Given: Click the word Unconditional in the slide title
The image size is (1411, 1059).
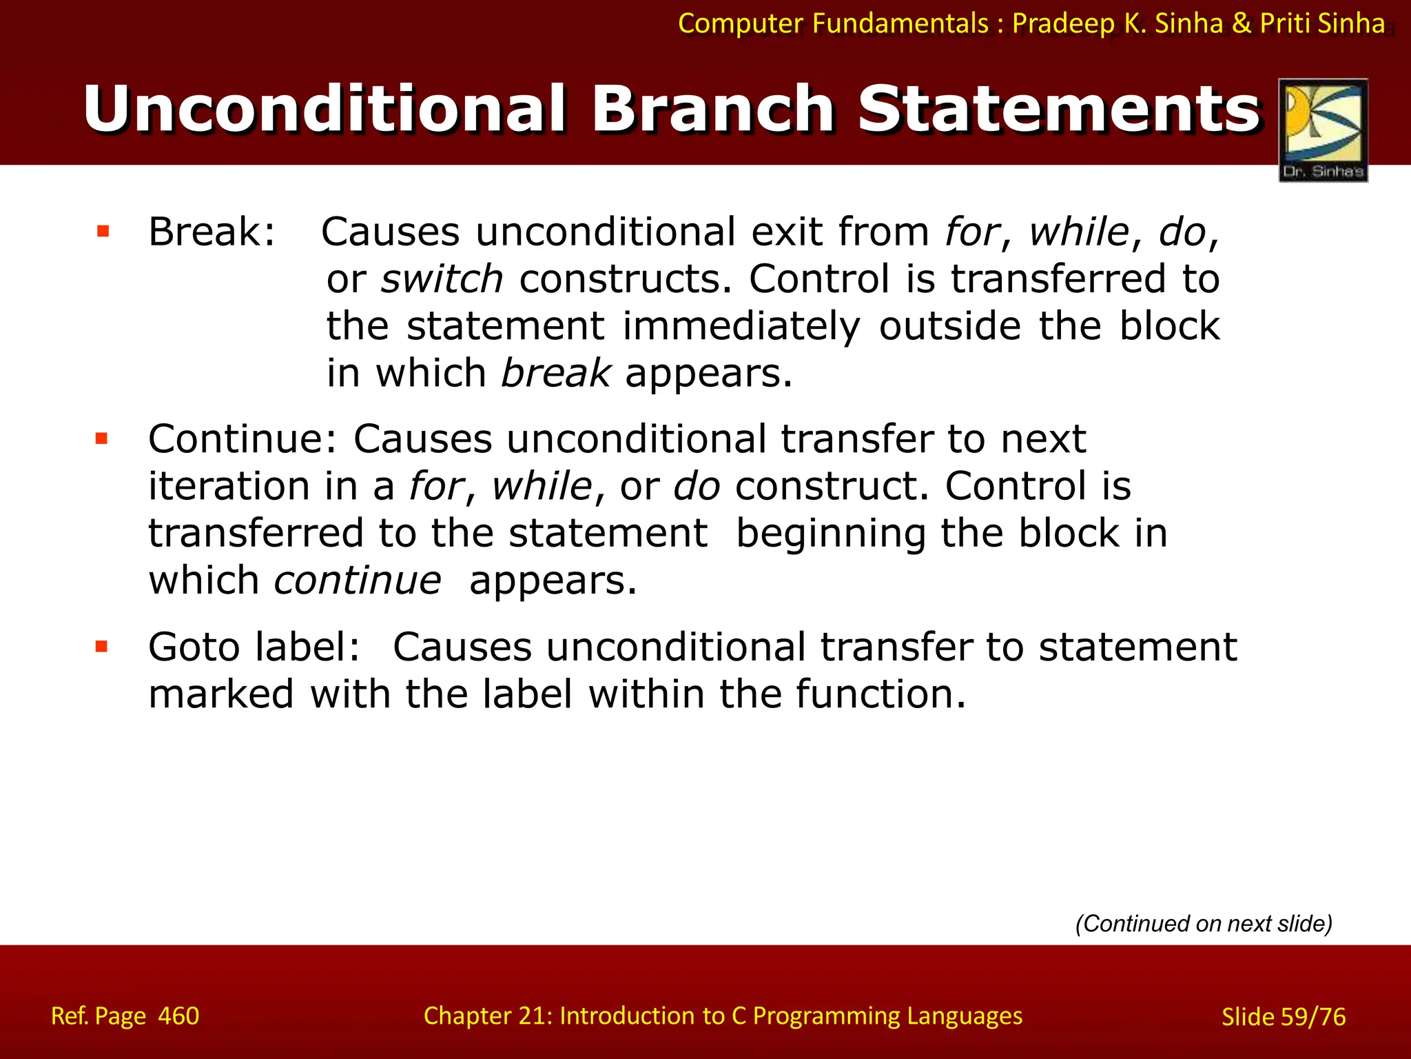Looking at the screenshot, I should click(x=324, y=109).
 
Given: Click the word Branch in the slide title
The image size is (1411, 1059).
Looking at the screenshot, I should click(x=713, y=109).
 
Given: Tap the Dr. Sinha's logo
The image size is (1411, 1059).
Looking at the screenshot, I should click(x=1323, y=130).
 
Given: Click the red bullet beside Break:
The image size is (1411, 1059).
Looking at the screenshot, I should click(x=103, y=231).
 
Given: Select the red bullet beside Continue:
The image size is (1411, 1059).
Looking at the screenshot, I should click(x=102, y=438).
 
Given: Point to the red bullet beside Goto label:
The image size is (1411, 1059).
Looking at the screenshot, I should click(x=102, y=646).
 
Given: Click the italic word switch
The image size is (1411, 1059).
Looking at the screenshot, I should click(x=442, y=279).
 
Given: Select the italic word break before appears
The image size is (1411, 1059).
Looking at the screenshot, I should click(x=555, y=373).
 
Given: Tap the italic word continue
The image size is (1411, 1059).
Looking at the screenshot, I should click(x=358, y=581).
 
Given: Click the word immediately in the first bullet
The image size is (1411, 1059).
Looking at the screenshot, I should click(x=741, y=326).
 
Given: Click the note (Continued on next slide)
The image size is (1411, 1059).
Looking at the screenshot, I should click(x=1204, y=923).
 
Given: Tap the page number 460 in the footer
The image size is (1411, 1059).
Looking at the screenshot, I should click(x=178, y=1016).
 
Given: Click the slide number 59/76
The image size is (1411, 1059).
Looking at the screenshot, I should click(x=1312, y=1017).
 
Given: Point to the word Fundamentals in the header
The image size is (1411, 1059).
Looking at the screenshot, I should click(x=900, y=23).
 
